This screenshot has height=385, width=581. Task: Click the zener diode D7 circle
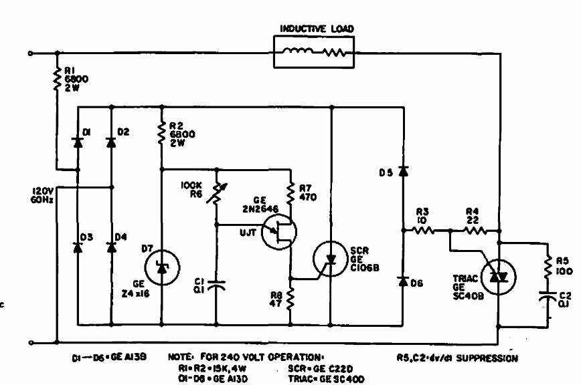tap(162, 267)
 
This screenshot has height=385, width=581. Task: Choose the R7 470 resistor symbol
tap(290, 195)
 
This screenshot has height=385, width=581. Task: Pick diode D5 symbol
tap(403, 172)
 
